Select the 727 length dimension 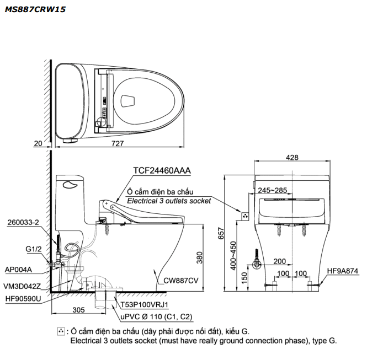click(x=118, y=143)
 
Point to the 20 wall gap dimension click(x=38, y=143)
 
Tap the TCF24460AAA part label click(x=162, y=171)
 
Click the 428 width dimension click(x=292, y=157)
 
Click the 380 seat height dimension click(x=200, y=257)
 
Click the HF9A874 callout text click(x=343, y=271)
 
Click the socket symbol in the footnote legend click(x=61, y=331)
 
